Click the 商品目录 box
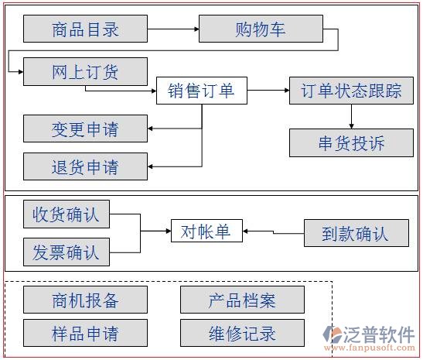tap(85, 29)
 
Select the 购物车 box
tap(261, 29)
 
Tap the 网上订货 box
tap(85, 72)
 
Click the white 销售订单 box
tap(201, 91)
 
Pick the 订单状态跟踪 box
tap(351, 91)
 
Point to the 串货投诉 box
tap(351, 142)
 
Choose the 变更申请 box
tap(85, 129)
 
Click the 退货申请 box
tap(85, 166)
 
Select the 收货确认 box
tap(66, 214)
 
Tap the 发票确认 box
tap(66, 251)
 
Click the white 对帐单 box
tap(206, 231)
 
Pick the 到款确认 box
tap(355, 233)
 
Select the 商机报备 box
tap(85, 300)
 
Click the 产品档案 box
tap(242, 300)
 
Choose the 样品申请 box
tap(85, 334)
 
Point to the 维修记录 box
tap(242, 334)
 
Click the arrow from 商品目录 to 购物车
tap(172, 30)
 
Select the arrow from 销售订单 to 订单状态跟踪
tap(268, 91)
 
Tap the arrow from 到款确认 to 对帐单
tap(272, 231)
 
